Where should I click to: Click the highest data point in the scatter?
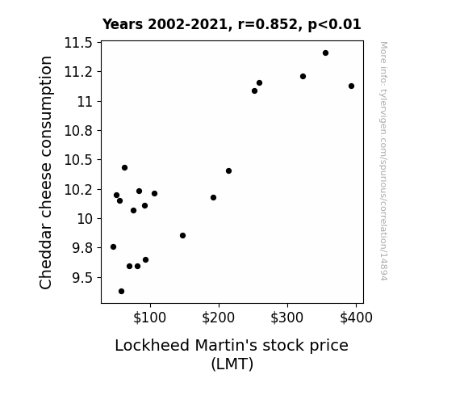[x=325, y=53]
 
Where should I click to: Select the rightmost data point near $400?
[x=351, y=86]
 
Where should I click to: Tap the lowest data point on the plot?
[x=121, y=292]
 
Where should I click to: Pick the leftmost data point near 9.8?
[x=113, y=247]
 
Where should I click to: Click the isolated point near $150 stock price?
[x=182, y=236]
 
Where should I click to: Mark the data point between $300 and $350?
[x=303, y=77]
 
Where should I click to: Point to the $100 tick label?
[x=150, y=318]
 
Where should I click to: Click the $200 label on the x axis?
[x=219, y=318]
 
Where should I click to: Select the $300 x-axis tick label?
[x=287, y=318]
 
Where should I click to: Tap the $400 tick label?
[x=356, y=318]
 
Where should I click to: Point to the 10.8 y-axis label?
[x=78, y=131]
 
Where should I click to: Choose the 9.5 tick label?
[x=82, y=278]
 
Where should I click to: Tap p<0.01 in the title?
[x=335, y=24]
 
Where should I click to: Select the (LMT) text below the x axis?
[x=232, y=364]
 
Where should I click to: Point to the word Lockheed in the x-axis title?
[x=152, y=345]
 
